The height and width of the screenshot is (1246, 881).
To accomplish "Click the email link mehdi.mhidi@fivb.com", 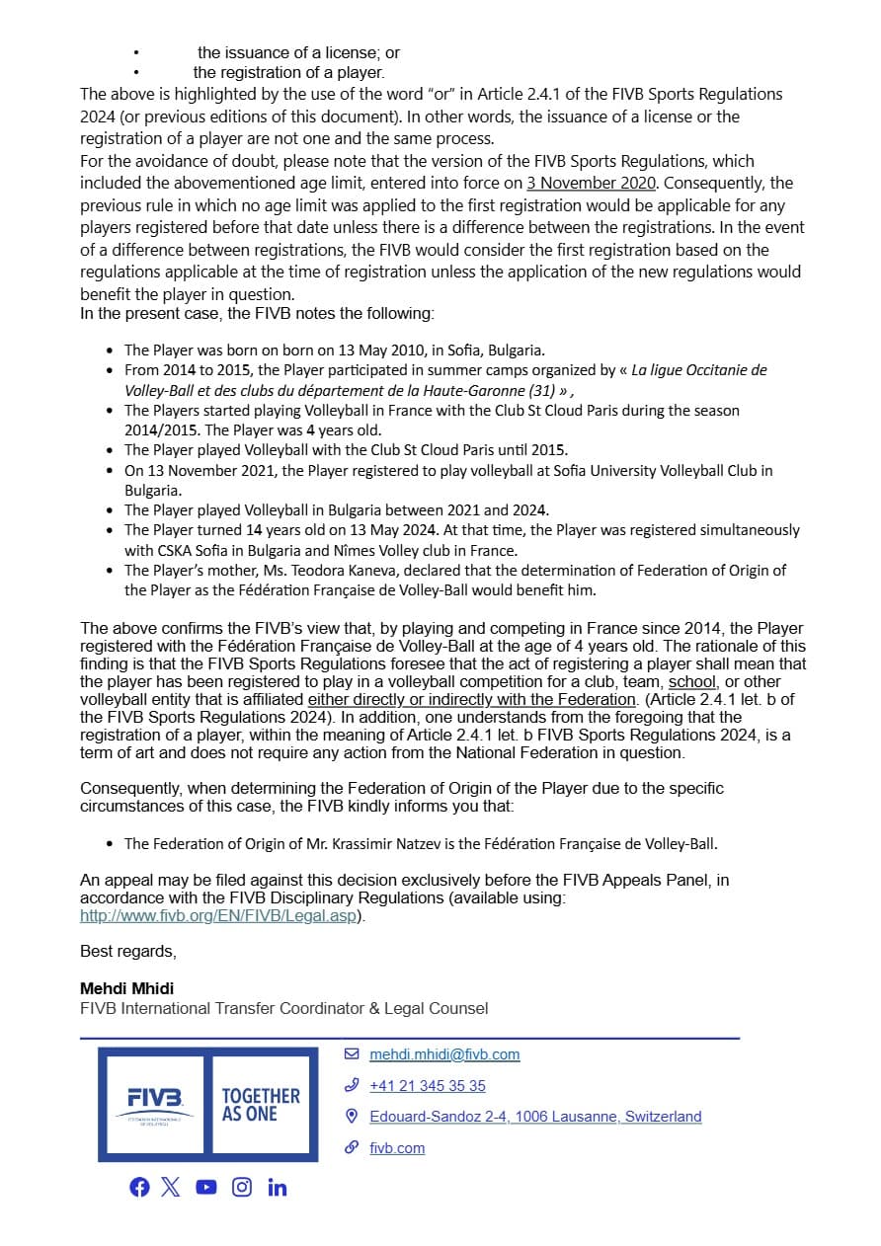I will [444, 1054].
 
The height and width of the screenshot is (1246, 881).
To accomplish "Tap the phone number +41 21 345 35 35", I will [428, 1086].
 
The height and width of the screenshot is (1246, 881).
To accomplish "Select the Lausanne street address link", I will [535, 1117].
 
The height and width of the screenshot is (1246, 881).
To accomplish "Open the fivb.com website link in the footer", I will [397, 1147].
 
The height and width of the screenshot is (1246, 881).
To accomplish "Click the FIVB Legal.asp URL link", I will [217, 915].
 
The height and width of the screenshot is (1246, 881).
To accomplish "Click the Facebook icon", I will [139, 1187].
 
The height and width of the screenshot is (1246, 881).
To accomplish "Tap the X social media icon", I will [171, 1187].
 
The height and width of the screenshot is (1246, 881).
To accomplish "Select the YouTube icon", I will [205, 1187].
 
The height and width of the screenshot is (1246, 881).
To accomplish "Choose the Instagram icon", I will [242, 1187].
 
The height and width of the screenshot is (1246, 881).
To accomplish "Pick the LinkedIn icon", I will [277, 1187].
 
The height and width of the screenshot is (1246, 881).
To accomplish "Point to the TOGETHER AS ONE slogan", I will [261, 1104].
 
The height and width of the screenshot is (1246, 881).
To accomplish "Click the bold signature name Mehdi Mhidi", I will [126, 987].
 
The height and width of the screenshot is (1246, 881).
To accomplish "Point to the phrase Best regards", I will [127, 951].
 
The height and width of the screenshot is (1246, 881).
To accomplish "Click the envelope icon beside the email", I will [351, 1054].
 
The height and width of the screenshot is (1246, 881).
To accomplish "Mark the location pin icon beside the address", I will [351, 1117].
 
